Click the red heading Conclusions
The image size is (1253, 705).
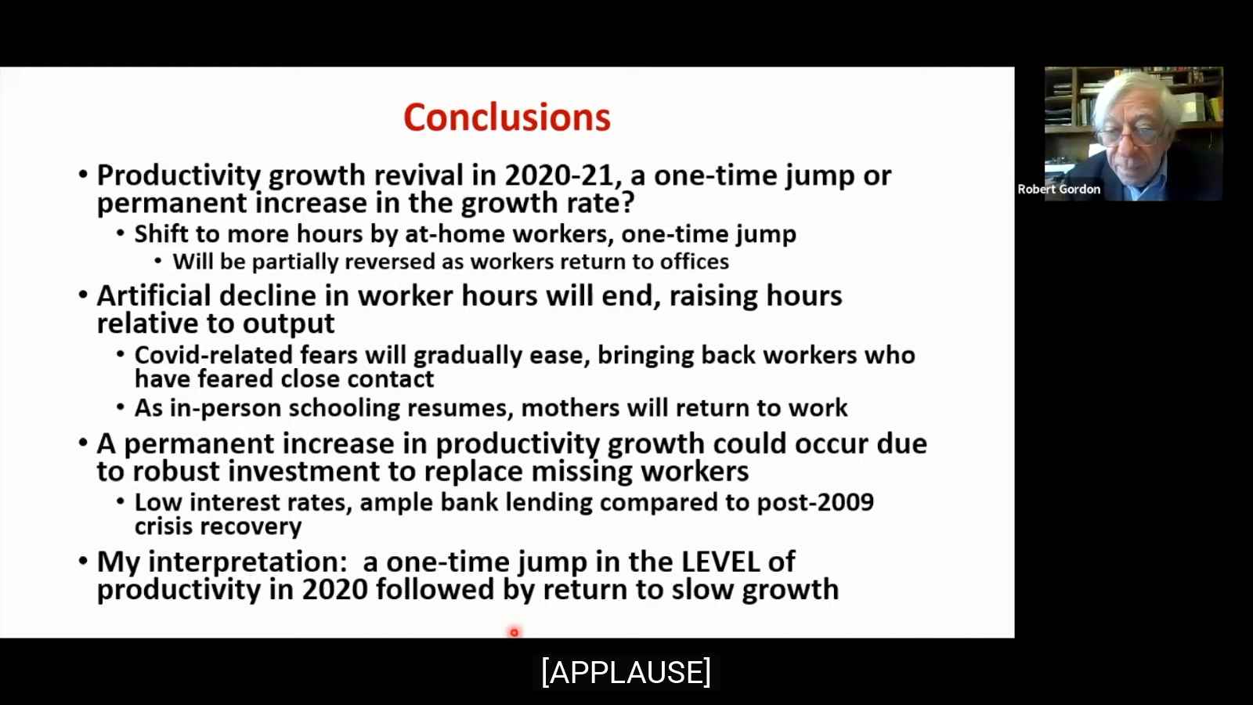507,117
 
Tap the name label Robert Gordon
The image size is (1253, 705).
1059,189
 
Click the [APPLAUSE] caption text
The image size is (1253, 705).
626,672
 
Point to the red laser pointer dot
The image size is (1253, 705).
514,632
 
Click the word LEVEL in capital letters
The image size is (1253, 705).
720,562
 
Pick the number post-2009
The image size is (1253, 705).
815,502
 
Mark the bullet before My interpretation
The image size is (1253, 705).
83,561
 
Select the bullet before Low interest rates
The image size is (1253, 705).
121,501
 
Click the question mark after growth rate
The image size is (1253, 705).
627,202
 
